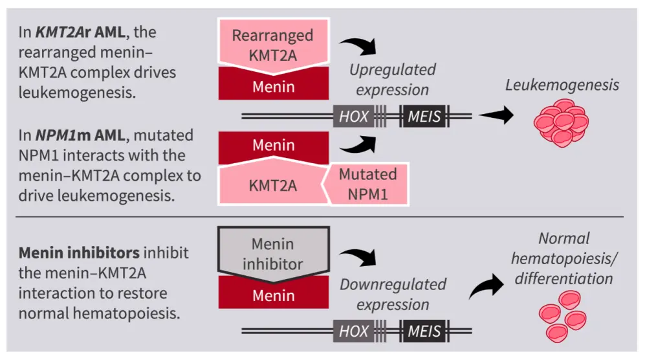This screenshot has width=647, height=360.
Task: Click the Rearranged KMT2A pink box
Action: click(273, 44)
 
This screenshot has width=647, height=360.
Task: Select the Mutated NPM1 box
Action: click(367, 183)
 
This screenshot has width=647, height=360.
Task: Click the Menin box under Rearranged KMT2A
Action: click(273, 86)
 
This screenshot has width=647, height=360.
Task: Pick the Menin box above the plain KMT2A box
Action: click(273, 146)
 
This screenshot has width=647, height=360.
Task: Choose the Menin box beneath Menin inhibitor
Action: click(273, 296)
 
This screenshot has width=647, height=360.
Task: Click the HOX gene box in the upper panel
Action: click(354, 117)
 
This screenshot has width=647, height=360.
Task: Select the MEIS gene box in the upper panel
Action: click(424, 117)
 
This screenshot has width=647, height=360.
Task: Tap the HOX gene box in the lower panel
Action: click(354, 332)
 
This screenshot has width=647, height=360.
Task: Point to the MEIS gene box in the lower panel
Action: click(424, 332)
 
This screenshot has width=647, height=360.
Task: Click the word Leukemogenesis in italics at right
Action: click(562, 85)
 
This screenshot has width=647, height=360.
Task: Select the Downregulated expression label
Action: click(393, 294)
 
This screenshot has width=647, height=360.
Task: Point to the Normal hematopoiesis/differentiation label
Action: click(562, 258)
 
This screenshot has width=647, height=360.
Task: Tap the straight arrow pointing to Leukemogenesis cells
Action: click(495, 117)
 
